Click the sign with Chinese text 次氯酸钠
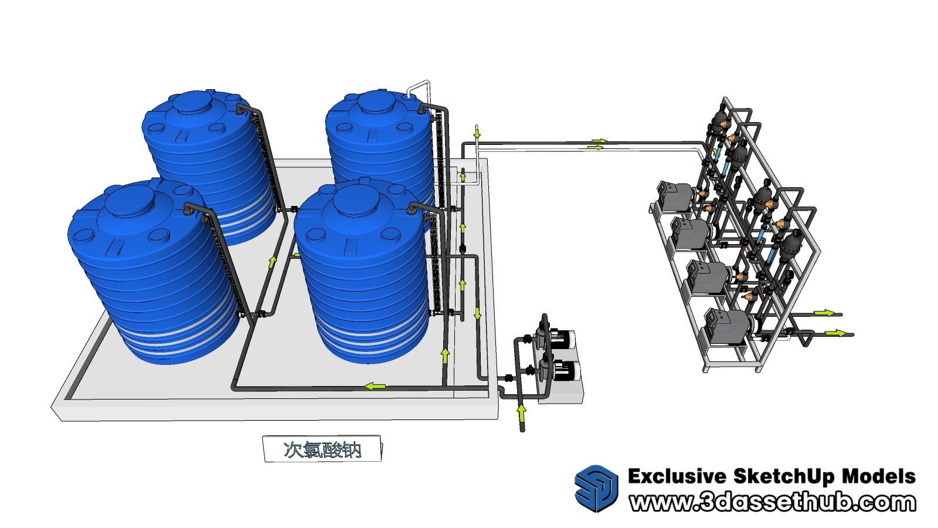pyautogui.click(x=322, y=449)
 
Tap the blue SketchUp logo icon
pyautogui.click(x=596, y=488)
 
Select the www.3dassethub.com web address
pyautogui.click(x=772, y=502)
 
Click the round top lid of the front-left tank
pyautogui.click(x=130, y=201)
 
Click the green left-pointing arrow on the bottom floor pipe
pyautogui.click(x=375, y=385)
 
